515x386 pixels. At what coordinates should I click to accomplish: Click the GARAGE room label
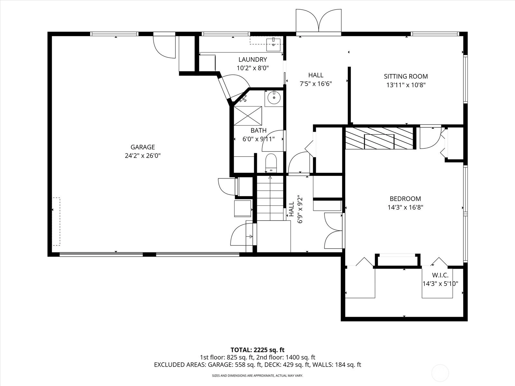pos(143,147)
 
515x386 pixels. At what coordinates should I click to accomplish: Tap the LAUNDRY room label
pos(253,60)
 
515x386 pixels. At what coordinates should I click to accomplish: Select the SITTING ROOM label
pos(406,76)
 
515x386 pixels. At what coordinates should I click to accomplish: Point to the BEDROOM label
pos(405,199)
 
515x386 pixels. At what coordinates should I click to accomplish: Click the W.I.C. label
pos(440,275)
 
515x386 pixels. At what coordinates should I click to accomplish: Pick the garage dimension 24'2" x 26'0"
pos(143,156)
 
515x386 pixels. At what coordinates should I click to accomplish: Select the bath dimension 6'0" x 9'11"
pos(258,139)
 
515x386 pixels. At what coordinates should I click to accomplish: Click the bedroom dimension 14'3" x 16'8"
pos(405,207)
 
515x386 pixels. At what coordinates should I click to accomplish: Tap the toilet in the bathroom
pos(271,163)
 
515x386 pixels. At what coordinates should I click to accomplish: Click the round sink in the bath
pos(274,98)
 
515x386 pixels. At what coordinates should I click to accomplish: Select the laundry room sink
pos(273,45)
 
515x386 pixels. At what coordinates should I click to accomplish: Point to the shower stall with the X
pos(248,116)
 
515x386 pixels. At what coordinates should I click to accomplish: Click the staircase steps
pos(270,198)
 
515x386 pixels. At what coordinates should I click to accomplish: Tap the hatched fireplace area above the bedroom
pos(379,138)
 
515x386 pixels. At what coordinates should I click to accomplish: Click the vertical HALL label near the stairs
pos(291,209)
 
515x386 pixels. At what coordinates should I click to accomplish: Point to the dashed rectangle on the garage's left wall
pos(56,222)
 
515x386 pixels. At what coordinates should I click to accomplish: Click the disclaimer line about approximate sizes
pos(257,375)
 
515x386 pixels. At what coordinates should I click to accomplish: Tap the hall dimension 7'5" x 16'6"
pos(316,84)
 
